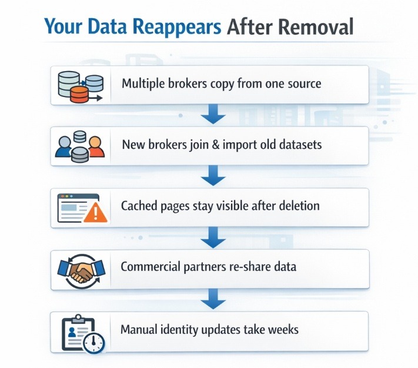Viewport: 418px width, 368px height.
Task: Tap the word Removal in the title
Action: (318, 27)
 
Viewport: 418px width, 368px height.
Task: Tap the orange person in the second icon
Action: (96, 148)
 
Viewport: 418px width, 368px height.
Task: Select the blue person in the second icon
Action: (63, 148)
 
